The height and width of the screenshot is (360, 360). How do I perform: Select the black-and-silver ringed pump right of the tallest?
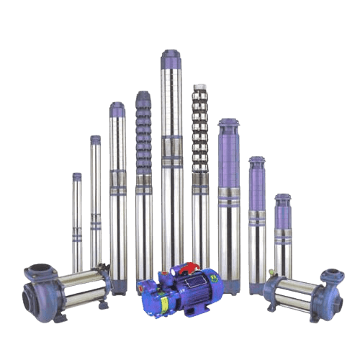[200, 173]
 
